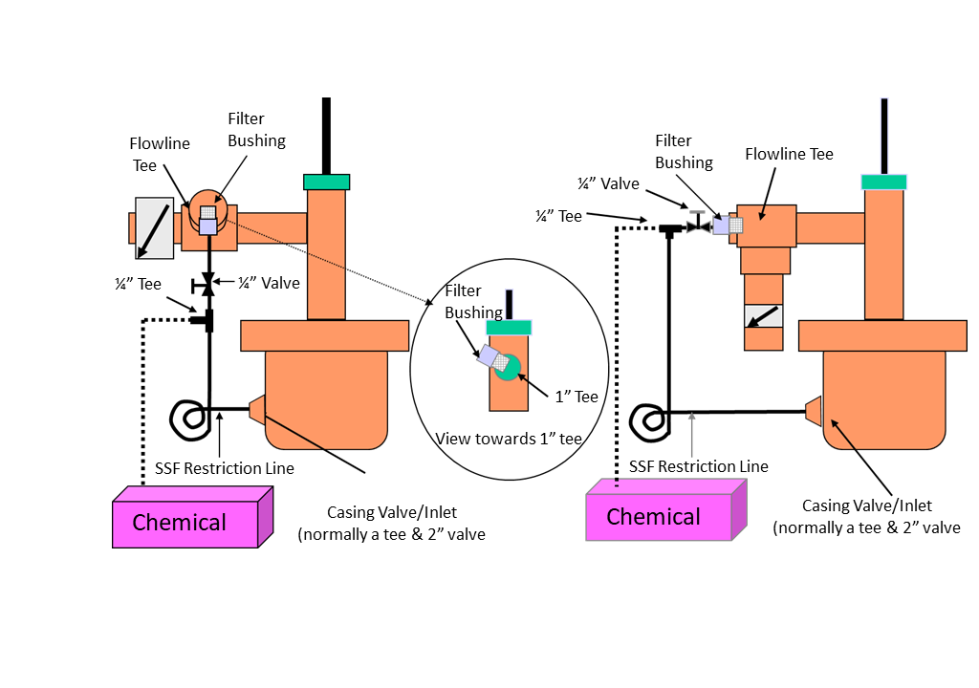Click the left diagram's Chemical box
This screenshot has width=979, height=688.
185,522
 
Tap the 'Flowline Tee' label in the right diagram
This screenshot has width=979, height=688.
789,154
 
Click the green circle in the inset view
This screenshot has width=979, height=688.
509,366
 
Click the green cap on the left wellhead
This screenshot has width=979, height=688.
327,182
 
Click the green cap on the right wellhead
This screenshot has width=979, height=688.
883,182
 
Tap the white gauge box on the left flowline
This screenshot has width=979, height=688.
154,227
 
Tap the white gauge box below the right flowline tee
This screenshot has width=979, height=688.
763,316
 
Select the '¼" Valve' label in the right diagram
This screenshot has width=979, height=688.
608,183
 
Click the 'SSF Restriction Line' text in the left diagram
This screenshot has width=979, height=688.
224,468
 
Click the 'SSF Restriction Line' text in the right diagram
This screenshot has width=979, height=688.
699,466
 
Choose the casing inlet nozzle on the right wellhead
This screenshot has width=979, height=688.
813,411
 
